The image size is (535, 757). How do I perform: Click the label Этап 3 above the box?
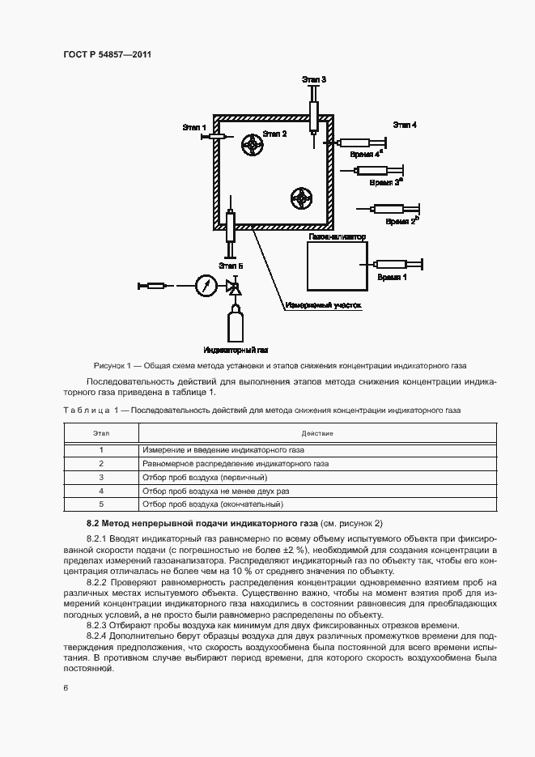[313, 79]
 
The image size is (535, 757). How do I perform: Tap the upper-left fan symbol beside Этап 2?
[253, 146]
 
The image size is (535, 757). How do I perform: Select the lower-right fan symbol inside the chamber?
[302, 198]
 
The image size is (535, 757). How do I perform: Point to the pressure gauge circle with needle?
[206, 285]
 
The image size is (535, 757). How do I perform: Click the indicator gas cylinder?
[236, 324]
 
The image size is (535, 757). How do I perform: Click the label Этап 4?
[405, 125]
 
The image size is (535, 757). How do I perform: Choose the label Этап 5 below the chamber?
[231, 265]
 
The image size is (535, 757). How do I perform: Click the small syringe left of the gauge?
[154, 285]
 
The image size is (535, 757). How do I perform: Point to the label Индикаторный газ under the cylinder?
[236, 350]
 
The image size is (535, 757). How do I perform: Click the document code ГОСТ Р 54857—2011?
[108, 55]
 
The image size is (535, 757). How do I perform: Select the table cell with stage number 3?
[101, 478]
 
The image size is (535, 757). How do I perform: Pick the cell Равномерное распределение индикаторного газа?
[235, 464]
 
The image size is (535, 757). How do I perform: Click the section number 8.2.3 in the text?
[99, 623]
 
